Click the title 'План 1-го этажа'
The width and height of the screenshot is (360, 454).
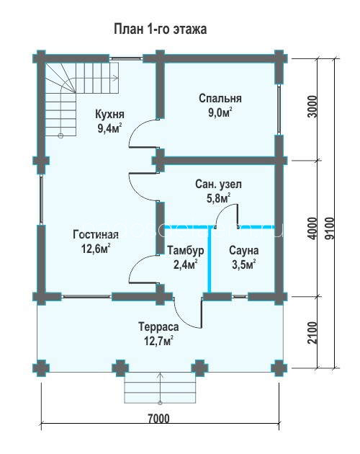pos(160,30)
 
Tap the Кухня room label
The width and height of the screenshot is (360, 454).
pos(109,114)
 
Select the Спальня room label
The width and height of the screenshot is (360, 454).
pos(220,99)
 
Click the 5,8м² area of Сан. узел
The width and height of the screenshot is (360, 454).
pos(218,198)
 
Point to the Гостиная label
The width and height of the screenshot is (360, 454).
pos(96,234)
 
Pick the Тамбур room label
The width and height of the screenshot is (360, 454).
pos(186,251)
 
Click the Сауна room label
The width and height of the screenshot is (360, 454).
pos(243,251)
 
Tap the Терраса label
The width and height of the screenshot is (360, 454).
pos(158,327)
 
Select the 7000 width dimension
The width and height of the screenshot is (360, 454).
pos(158,419)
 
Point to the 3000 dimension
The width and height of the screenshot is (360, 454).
pos(312,107)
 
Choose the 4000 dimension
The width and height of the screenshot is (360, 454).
pos(312,228)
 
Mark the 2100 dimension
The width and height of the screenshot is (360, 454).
pos(312,333)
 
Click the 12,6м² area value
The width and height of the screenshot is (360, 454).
pos(96,249)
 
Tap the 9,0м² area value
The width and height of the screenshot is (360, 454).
pos(220,112)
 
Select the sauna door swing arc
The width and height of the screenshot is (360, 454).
pos(222,209)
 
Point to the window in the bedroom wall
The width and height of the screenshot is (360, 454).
pos(279,110)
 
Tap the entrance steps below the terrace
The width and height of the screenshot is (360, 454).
pos(160,388)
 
